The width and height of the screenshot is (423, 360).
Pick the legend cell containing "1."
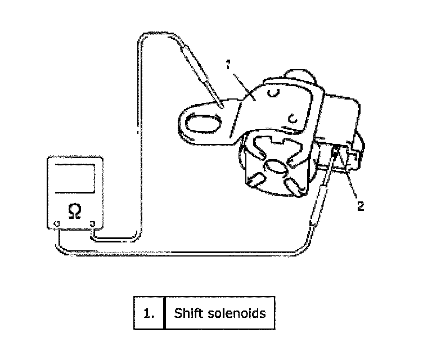(148, 313)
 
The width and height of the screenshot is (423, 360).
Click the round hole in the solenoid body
(275, 167)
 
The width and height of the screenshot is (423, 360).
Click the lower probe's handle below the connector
(318, 197)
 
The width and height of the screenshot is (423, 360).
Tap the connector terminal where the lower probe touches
(336, 152)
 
